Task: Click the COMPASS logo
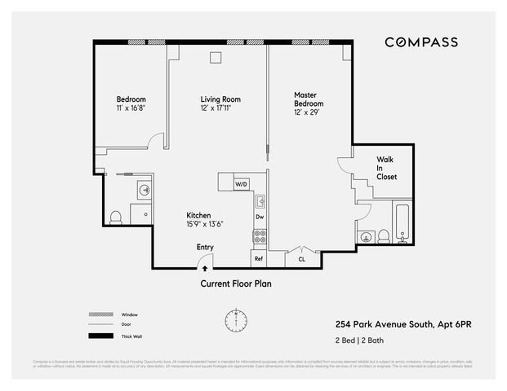point(421,42)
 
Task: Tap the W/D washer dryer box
point(241,184)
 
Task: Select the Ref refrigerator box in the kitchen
point(259,259)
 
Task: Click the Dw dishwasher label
point(260,217)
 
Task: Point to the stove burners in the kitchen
point(259,236)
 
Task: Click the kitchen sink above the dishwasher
point(260,202)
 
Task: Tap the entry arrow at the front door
point(205,268)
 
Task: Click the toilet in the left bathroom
point(116,217)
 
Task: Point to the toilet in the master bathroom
point(384,237)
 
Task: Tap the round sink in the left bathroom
point(144,190)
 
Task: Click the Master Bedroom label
point(308,100)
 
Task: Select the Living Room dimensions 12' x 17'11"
point(215,108)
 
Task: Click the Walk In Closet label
point(387,168)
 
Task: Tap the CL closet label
point(302,260)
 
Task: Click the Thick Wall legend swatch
point(101,336)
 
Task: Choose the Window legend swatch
point(101,315)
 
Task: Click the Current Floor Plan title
point(236,284)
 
